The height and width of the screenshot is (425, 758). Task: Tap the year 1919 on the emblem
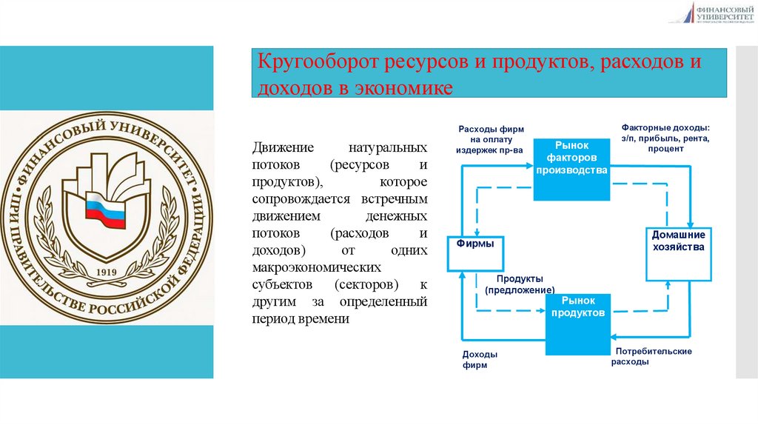[x=107, y=272]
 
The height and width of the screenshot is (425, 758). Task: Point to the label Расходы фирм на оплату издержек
[x=491, y=140]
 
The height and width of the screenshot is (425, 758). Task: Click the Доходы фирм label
[x=479, y=360]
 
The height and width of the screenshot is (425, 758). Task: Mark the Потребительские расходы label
[x=651, y=356]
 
